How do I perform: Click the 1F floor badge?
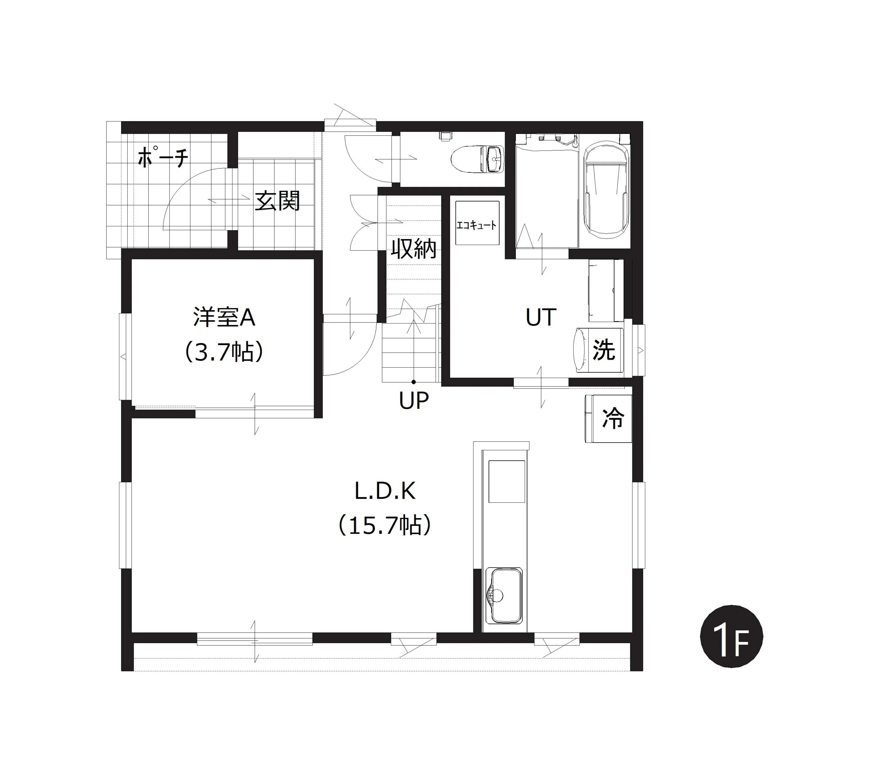pos(732,637)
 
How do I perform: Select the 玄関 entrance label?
pos(277,201)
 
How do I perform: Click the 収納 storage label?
pos(413,249)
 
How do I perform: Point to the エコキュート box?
pos(477,223)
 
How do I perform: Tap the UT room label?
pos(541,318)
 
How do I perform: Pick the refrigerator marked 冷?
pos(608,418)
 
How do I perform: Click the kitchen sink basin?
pos(504,595)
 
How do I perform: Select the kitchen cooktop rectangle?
pos(507,481)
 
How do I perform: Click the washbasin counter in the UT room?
pos(606,290)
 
